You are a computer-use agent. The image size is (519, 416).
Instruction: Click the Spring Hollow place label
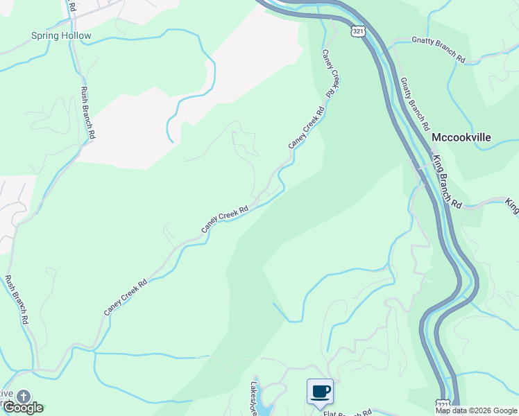click(x=61, y=35)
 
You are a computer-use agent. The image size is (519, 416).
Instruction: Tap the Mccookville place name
click(x=461, y=137)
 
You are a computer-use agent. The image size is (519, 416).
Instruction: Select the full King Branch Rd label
click(x=446, y=182)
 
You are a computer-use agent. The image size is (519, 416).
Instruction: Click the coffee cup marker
click(x=320, y=392)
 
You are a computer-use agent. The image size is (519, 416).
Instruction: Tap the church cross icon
click(x=23, y=397)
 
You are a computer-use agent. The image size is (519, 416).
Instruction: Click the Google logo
click(x=22, y=408)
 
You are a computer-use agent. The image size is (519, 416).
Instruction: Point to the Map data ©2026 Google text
click(x=476, y=410)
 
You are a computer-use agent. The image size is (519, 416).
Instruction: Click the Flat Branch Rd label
click(x=348, y=413)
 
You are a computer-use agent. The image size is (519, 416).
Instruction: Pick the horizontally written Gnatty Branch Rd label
click(x=439, y=50)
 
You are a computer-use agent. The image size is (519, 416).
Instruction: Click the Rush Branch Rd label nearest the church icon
click(x=17, y=300)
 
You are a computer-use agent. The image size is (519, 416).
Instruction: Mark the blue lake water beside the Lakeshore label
click(x=264, y=410)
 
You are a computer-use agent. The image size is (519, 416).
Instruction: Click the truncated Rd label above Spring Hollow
click(x=71, y=5)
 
